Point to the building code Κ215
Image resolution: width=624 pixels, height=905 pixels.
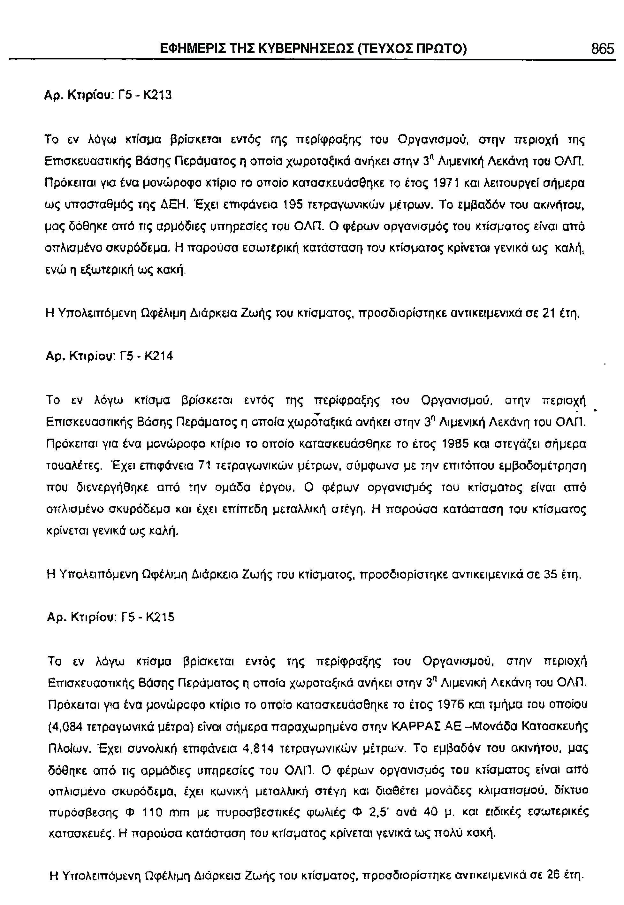160,617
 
